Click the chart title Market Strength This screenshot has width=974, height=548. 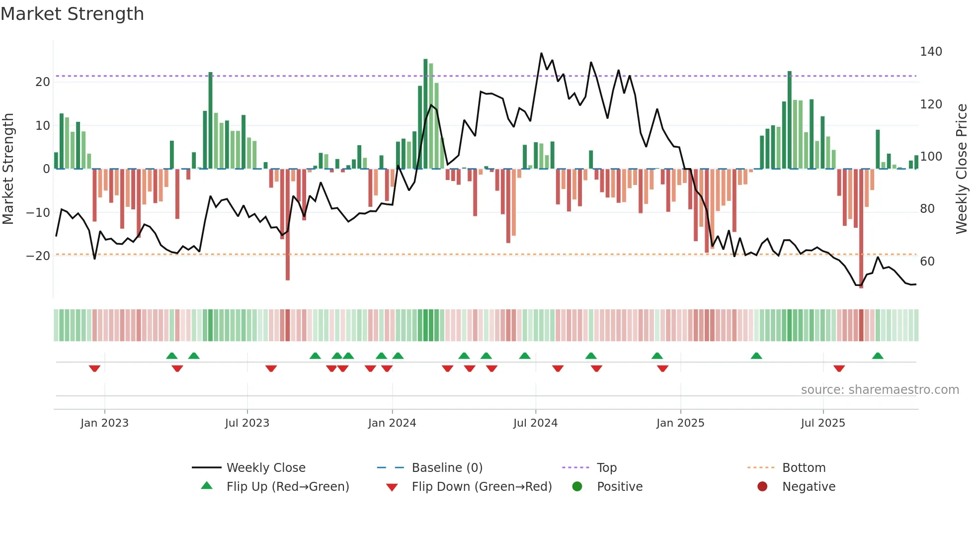click(72, 14)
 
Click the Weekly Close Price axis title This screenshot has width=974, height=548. click(962, 169)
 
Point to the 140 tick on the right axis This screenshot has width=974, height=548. click(930, 52)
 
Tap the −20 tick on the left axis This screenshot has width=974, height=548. click(38, 256)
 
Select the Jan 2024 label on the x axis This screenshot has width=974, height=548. click(392, 423)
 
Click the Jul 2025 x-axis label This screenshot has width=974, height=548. click(822, 423)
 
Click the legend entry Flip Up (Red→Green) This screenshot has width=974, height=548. click(287, 486)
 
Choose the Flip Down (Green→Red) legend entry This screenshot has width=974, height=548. click(481, 486)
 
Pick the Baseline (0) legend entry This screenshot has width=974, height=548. click(447, 467)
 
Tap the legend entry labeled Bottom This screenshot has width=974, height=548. click(803, 467)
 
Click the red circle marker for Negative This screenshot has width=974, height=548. click(762, 486)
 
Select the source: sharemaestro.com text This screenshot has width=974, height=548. click(880, 390)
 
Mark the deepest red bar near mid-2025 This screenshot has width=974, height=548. click(861, 229)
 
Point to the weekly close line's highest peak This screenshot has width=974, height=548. click(541, 54)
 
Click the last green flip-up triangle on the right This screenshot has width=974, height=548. click(877, 356)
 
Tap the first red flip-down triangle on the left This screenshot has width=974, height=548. click(94, 368)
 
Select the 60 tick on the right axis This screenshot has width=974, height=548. click(927, 262)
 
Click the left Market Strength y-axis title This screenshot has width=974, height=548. click(8, 169)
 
